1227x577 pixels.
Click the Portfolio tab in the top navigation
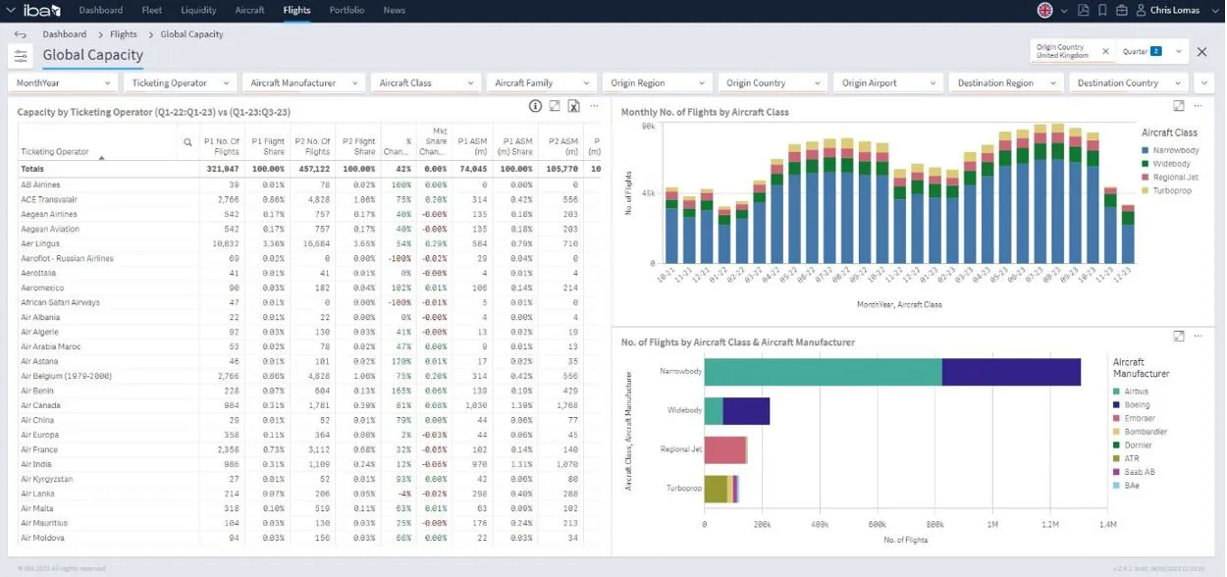pyautogui.click(x=347, y=10)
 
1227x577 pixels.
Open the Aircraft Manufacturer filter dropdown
pyautogui.click(x=305, y=83)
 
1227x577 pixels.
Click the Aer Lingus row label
pyautogui.click(x=42, y=243)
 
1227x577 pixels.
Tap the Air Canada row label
pyautogui.click(x=41, y=405)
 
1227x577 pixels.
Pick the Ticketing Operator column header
pyautogui.click(x=55, y=151)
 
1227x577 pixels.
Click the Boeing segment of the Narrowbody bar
pyautogui.click(x=1011, y=373)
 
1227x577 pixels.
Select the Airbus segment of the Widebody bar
pyautogui.click(x=714, y=411)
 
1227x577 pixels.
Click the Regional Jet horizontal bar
pyautogui.click(x=725, y=449)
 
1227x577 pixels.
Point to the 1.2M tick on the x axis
pyautogui.click(x=1050, y=525)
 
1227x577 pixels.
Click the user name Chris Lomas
pyautogui.click(x=1176, y=10)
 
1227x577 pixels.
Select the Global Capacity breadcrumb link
pyautogui.click(x=191, y=34)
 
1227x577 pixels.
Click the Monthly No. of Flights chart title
pyautogui.click(x=705, y=112)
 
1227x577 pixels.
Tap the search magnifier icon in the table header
pyautogui.click(x=187, y=143)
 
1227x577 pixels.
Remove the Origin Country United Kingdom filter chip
pyautogui.click(x=1104, y=51)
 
